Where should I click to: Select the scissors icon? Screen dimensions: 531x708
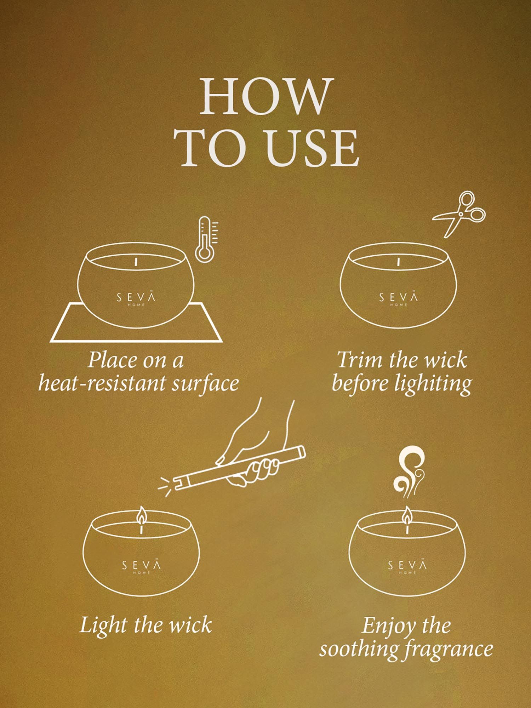point(459,213)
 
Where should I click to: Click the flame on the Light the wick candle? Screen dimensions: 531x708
point(142,515)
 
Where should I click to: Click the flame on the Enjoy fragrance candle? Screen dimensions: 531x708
point(407,515)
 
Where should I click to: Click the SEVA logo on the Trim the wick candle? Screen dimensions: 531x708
point(398,298)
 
